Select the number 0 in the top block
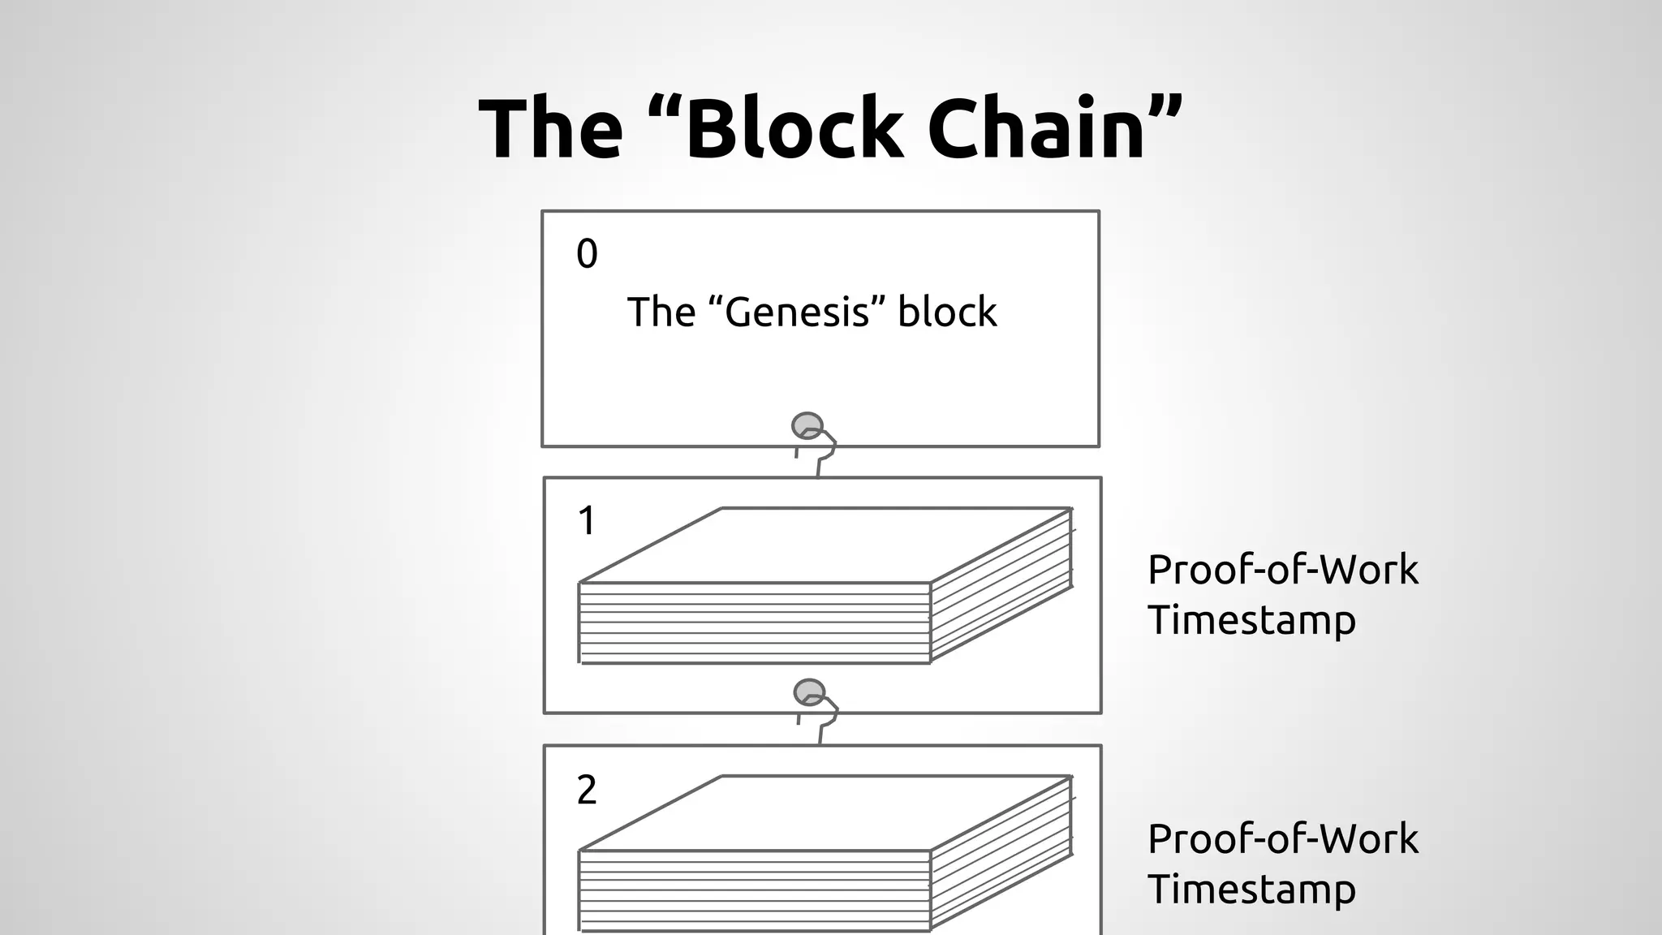click(587, 254)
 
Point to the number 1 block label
click(587, 521)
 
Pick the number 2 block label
click(587, 790)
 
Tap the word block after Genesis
click(947, 312)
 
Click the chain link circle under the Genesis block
click(807, 425)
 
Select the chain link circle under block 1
click(809, 692)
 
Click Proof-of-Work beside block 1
click(1282, 570)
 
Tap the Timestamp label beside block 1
click(1251, 621)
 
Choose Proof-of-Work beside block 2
click(1282, 839)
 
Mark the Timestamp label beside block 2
click(1251, 890)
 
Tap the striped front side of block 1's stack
click(755, 623)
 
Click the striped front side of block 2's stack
click(755, 891)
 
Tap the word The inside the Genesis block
click(661, 312)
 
